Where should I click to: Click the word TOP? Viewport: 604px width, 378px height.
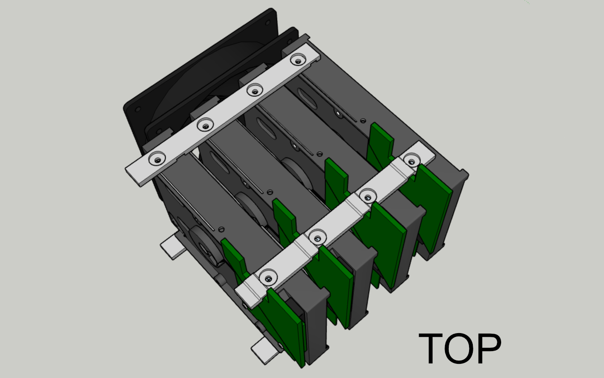click(460, 348)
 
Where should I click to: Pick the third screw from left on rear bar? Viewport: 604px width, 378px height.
click(255, 89)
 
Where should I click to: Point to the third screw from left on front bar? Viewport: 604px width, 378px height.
click(367, 195)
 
